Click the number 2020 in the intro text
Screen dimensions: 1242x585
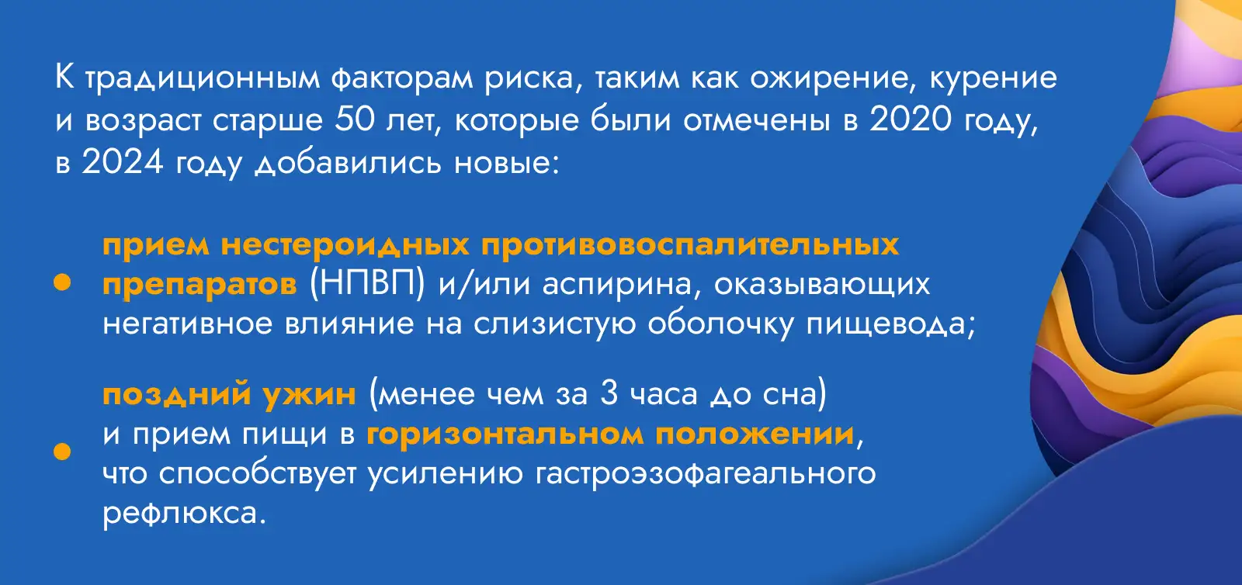click(911, 119)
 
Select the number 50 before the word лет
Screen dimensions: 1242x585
click(355, 119)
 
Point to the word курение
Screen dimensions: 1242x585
click(994, 78)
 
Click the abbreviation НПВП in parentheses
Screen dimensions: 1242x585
click(367, 284)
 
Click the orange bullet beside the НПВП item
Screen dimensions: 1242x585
click(62, 282)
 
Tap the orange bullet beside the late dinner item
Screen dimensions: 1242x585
click(62, 452)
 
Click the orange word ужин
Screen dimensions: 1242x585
click(310, 395)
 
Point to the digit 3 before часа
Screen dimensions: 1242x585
click(609, 394)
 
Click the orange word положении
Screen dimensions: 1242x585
click(755, 434)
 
